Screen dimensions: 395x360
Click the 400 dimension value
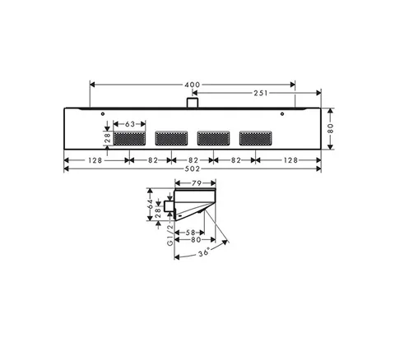point(193,85)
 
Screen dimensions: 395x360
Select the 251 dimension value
point(261,93)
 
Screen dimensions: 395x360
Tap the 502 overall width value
point(193,169)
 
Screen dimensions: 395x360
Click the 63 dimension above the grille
point(130,124)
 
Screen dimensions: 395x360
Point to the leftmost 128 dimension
point(95,160)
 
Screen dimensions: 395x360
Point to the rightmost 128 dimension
point(290,160)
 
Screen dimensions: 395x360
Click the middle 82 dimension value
point(193,160)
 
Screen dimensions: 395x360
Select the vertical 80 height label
point(331,128)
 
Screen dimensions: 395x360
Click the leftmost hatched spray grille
point(129,138)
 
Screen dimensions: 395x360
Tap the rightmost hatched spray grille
point(256,138)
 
